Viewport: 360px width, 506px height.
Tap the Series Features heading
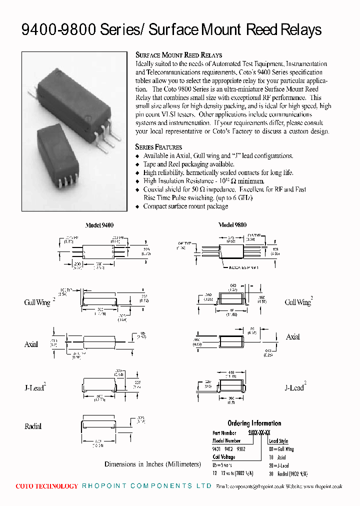coord(158,147)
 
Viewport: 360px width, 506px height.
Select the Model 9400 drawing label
coord(100,225)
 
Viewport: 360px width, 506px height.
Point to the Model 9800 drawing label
coord(232,225)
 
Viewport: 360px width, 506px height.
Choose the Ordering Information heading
coord(254,423)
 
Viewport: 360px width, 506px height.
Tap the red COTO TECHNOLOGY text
coord(47,486)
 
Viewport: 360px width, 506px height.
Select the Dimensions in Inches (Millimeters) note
coord(152,464)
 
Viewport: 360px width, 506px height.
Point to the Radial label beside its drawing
coord(33,426)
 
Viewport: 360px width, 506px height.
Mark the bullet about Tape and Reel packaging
coord(188,164)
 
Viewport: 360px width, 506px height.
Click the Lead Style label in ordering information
coord(278,441)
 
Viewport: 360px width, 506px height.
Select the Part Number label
coord(224,433)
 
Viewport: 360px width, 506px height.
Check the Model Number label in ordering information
coord(226,441)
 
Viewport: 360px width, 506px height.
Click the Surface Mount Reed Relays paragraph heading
coord(178,55)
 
